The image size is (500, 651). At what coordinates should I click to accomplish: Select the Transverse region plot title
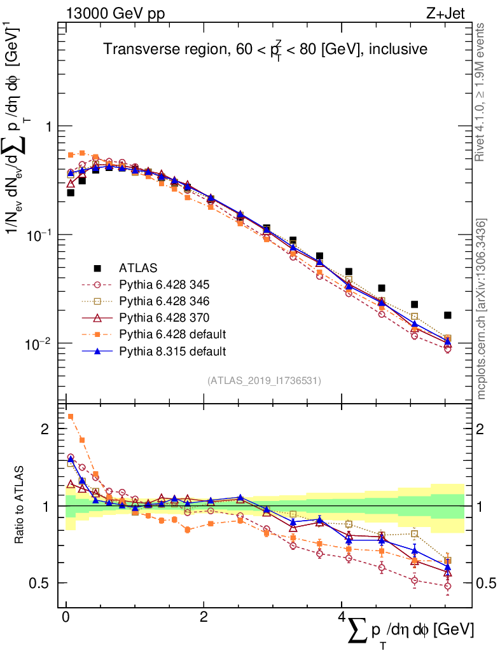pyautogui.click(x=265, y=49)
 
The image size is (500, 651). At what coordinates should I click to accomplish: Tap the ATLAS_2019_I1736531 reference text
pyautogui.click(x=264, y=381)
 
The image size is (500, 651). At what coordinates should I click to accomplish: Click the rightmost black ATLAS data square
pyautogui.click(x=448, y=315)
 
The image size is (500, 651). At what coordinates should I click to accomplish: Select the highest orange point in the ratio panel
pyautogui.click(x=71, y=417)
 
